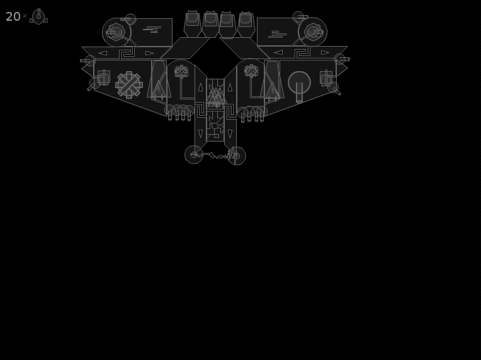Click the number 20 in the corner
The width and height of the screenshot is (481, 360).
(x=13, y=16)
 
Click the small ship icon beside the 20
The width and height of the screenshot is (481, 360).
(x=38, y=16)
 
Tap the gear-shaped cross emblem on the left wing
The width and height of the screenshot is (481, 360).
(x=129, y=85)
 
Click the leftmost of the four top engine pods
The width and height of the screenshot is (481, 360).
(x=193, y=24)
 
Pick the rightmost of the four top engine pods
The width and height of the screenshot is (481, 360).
(x=246, y=24)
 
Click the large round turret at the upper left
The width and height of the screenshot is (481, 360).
(x=116, y=32)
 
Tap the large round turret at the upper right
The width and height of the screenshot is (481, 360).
(x=313, y=32)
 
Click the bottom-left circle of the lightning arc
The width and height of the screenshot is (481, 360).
(x=194, y=155)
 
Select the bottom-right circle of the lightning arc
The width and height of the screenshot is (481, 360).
(x=237, y=156)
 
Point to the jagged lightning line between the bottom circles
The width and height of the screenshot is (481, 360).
(x=215, y=156)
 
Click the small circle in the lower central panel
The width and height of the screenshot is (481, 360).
(x=215, y=126)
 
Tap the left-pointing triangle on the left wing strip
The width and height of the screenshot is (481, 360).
(x=103, y=53)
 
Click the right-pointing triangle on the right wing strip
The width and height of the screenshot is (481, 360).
(x=325, y=52)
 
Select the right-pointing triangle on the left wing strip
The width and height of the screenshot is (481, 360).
(x=149, y=53)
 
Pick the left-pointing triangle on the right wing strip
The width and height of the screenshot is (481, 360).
(x=278, y=52)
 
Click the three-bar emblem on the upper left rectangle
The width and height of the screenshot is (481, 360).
(x=152, y=30)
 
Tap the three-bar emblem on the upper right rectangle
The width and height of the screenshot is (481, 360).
(x=277, y=35)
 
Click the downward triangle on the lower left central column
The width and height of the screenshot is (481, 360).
(x=201, y=133)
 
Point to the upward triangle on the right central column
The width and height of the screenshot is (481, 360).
(x=230, y=87)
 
